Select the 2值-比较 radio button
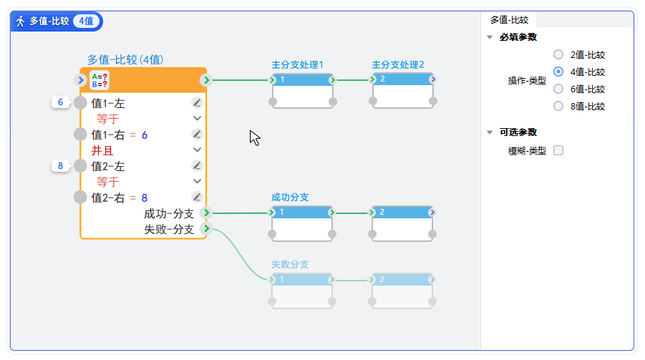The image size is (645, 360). pyautogui.click(x=558, y=54)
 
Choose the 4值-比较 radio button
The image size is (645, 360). pyautogui.click(x=558, y=72)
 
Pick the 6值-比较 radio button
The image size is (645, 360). pyautogui.click(x=558, y=89)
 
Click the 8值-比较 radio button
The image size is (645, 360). pyautogui.click(x=558, y=107)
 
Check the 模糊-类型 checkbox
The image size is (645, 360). pyautogui.click(x=558, y=150)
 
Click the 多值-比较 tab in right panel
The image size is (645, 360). pyautogui.click(x=509, y=20)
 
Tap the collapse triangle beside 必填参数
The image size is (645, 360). pyautogui.click(x=490, y=37)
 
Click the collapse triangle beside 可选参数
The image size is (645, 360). pyautogui.click(x=490, y=132)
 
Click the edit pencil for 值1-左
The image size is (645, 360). pyautogui.click(x=198, y=103)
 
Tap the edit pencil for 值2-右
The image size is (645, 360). pyautogui.click(x=198, y=198)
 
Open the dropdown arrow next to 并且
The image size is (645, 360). pyautogui.click(x=198, y=150)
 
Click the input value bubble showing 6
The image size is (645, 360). pyautogui.click(x=61, y=102)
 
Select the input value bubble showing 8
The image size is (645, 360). pyautogui.click(x=61, y=166)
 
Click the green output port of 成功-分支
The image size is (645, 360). pyautogui.click(x=206, y=213)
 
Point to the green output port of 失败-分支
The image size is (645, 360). pyautogui.click(x=206, y=229)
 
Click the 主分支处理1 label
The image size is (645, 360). pyautogui.click(x=297, y=64)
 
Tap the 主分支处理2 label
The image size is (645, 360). pyautogui.click(x=398, y=64)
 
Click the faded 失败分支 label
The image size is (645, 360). pyautogui.click(x=290, y=264)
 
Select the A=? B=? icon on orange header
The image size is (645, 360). pyautogui.click(x=100, y=79)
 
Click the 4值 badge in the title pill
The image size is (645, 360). pyautogui.click(x=86, y=21)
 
